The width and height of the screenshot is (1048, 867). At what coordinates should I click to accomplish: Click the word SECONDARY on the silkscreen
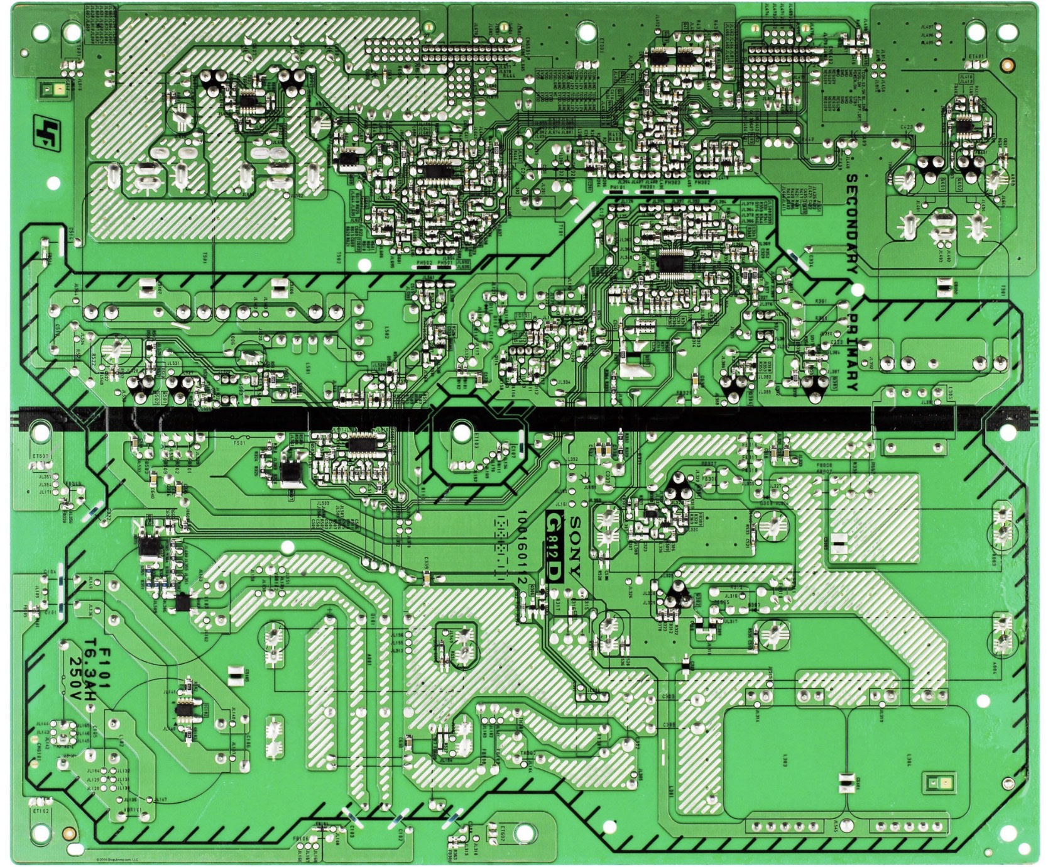[852, 223]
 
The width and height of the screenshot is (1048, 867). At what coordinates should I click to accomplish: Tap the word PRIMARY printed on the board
[852, 352]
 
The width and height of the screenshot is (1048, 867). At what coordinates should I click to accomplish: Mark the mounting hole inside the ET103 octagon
[461, 432]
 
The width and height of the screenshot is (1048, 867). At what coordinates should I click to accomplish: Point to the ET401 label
[976, 56]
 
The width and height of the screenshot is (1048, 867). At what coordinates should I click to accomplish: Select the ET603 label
[40, 456]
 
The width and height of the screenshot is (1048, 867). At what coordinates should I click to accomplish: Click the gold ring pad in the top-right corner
[1007, 64]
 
